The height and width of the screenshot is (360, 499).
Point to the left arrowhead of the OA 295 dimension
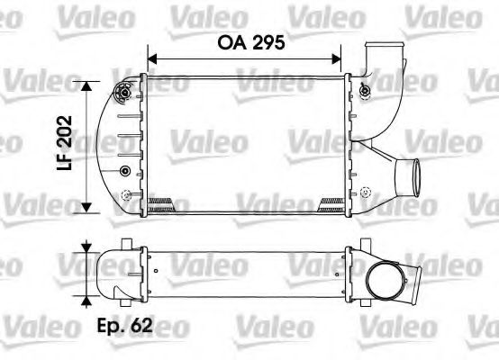[x=150, y=59]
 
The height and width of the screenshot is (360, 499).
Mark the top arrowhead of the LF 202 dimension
[x=87, y=85]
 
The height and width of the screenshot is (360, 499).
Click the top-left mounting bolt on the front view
[x=123, y=90]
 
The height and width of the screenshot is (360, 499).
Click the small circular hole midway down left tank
[x=124, y=171]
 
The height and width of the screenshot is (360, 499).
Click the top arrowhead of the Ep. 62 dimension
[x=87, y=245]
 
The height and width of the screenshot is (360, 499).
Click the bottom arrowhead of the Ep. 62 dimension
[x=87, y=302]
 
